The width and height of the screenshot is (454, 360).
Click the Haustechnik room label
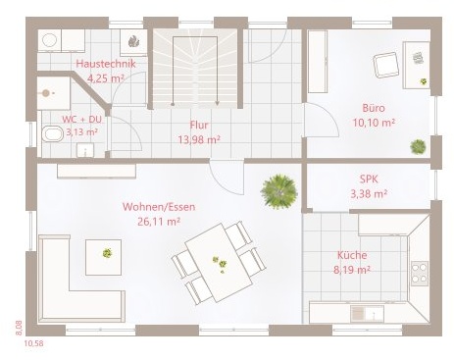coord(106,64)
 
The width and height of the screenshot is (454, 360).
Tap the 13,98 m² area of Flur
coord(199,139)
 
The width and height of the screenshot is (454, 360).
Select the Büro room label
coord(374,108)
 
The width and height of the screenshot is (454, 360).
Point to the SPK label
coord(369,180)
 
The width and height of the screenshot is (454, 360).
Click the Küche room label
coord(352,255)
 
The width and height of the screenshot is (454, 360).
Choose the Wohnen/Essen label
coord(159,207)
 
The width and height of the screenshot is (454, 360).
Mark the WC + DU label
coord(81,120)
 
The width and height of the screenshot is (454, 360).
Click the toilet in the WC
coord(52,134)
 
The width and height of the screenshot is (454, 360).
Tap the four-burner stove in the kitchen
coord(420,274)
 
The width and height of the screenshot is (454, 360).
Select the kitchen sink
coord(368,314)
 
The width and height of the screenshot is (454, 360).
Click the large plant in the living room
coord(279,192)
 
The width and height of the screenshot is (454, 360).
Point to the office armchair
coord(386,65)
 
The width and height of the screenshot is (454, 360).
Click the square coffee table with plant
coord(104,257)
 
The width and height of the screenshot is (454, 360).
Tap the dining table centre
coord(220,263)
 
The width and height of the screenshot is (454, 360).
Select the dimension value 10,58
coord(33,343)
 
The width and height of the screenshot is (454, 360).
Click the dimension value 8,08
coord(19,328)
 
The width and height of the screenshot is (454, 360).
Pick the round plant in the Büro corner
coord(418,146)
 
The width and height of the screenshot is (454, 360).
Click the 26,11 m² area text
coord(159,222)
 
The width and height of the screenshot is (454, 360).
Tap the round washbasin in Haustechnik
coord(49,40)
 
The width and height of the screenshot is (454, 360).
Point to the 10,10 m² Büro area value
coord(374,123)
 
